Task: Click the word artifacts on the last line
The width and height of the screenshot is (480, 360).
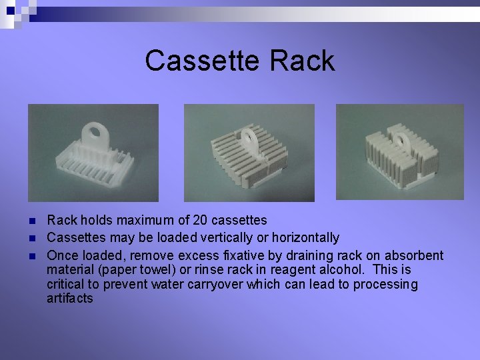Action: pos(70,299)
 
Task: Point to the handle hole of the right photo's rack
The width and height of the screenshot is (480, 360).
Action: pos(402,139)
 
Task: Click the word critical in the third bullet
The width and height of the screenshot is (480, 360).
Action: pos(67,285)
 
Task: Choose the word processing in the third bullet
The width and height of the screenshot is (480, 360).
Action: pos(385,285)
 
